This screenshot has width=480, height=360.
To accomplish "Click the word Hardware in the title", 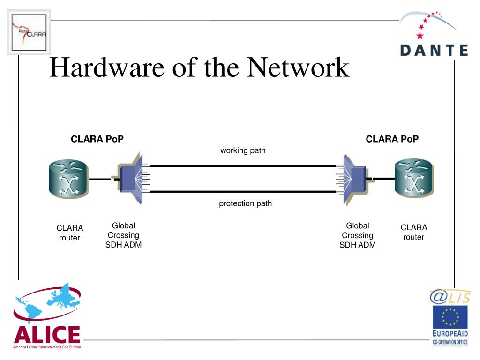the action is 107,67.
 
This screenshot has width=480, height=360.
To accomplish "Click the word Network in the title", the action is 298,67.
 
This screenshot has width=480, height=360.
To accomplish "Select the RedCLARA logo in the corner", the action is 29,32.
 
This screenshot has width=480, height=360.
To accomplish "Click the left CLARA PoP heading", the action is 97,139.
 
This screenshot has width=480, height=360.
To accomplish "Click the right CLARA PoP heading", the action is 392,139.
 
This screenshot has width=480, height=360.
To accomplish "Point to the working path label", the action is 243,150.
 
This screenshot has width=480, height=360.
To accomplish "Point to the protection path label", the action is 245,203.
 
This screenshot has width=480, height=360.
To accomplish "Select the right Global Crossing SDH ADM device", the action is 355,180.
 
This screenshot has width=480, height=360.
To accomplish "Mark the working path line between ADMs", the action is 243,166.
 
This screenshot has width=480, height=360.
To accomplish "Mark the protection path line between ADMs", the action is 243,192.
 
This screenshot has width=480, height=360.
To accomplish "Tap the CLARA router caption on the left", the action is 70,233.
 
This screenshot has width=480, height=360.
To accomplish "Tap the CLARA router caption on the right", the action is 414,232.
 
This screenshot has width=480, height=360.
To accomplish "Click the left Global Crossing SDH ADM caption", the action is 123,235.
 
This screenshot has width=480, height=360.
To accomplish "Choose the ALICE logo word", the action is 47,334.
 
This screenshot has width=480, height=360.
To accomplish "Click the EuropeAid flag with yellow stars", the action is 450,317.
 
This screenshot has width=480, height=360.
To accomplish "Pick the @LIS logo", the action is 450,296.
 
